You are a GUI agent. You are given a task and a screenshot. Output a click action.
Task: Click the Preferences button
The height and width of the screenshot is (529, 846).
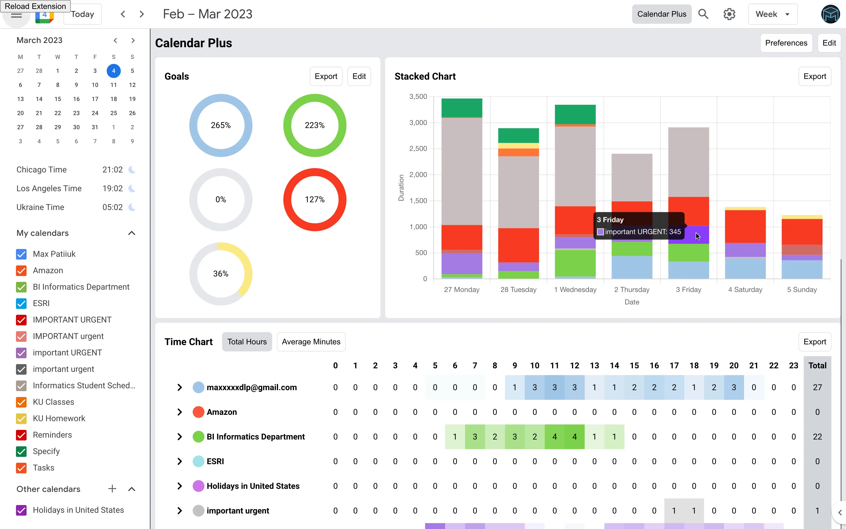tap(786, 43)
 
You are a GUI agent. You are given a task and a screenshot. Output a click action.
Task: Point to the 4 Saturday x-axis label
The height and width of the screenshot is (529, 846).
tap(745, 290)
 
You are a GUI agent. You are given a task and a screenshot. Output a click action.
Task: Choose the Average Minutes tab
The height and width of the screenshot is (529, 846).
tap(311, 342)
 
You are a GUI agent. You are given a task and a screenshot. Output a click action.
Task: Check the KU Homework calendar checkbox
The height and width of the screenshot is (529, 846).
tap(21, 418)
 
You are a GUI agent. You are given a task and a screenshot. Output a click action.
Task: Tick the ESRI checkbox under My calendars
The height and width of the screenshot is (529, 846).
tap(21, 303)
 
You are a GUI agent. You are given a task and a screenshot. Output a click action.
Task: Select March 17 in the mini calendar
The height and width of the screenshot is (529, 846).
tap(95, 99)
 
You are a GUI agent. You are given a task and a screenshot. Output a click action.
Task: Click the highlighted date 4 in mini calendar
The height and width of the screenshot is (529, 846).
tap(114, 71)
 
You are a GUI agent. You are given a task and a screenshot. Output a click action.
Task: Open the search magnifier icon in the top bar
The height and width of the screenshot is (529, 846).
tap(703, 14)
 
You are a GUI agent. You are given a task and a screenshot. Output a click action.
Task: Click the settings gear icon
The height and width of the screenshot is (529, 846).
tap(729, 14)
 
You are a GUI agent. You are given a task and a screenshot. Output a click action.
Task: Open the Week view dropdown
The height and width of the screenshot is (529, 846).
tap(772, 14)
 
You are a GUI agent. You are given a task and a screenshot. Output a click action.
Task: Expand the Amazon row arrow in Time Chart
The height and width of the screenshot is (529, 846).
tap(180, 412)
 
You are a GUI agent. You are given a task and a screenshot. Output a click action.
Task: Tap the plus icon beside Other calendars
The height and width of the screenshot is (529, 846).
tap(112, 489)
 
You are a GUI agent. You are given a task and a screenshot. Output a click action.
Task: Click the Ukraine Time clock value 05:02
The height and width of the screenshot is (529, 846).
tap(112, 207)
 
